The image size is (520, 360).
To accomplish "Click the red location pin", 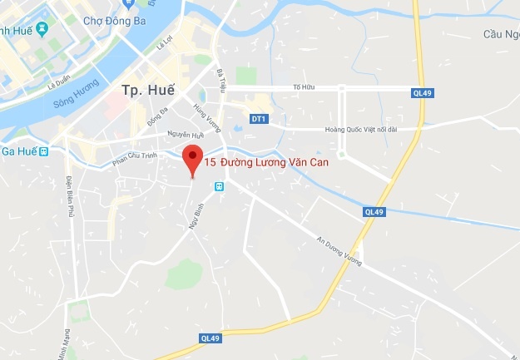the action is pos(192,158).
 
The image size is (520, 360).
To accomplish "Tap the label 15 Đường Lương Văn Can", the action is pos(266,164).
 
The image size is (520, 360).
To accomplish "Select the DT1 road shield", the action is pos(259,119).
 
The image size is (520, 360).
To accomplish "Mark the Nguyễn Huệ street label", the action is pos(185,135).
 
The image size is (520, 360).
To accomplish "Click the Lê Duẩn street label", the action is pos(62,83).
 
